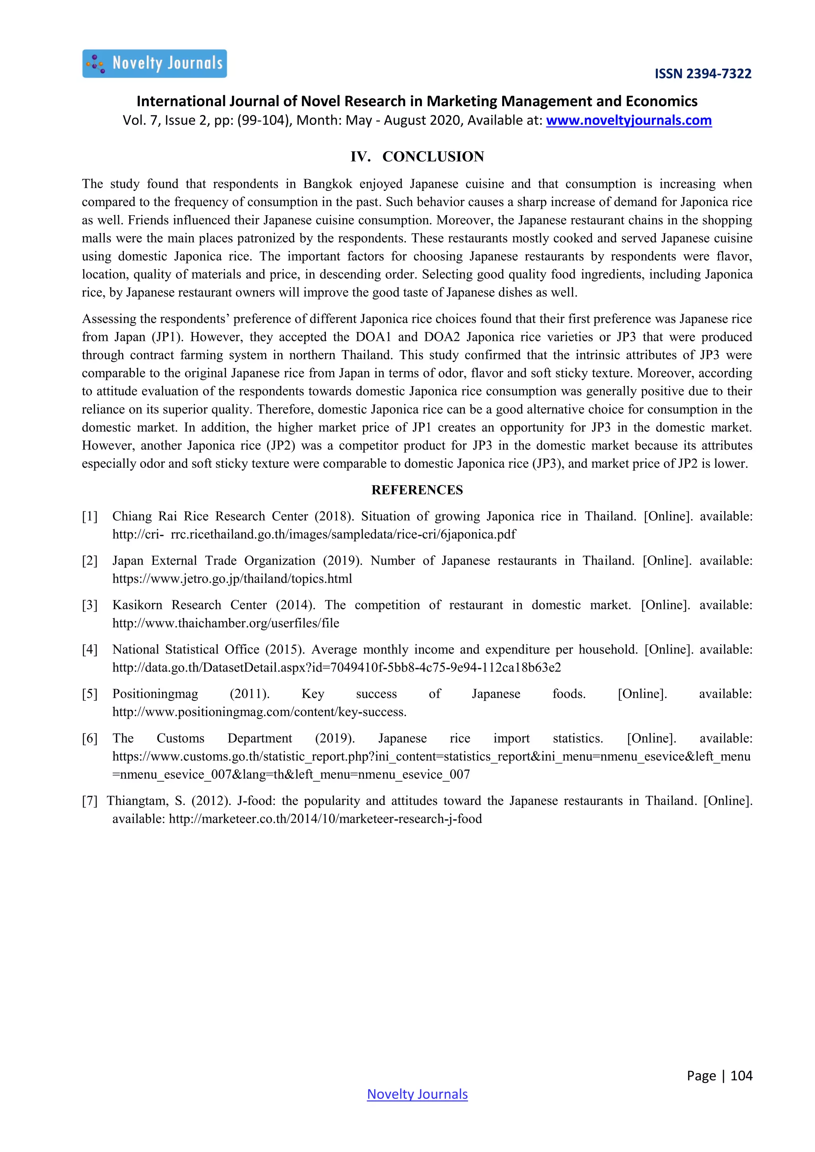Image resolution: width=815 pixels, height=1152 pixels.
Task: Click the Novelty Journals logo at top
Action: [154, 64]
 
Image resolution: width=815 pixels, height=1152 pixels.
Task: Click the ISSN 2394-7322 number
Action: [703, 74]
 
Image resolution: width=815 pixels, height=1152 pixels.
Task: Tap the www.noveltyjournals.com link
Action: [628, 121]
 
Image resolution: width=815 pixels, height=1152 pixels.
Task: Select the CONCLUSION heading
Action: [433, 157]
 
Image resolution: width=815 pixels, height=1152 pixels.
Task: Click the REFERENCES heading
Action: [417, 490]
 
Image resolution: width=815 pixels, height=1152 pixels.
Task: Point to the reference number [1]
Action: [90, 516]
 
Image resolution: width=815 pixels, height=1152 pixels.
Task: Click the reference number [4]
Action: [90, 649]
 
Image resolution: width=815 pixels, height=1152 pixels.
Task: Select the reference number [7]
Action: [90, 801]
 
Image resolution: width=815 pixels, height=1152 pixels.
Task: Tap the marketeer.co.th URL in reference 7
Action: [325, 819]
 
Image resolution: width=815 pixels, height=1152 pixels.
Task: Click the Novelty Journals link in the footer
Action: [417, 1094]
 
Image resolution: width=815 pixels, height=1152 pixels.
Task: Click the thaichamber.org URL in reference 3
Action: [225, 623]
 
